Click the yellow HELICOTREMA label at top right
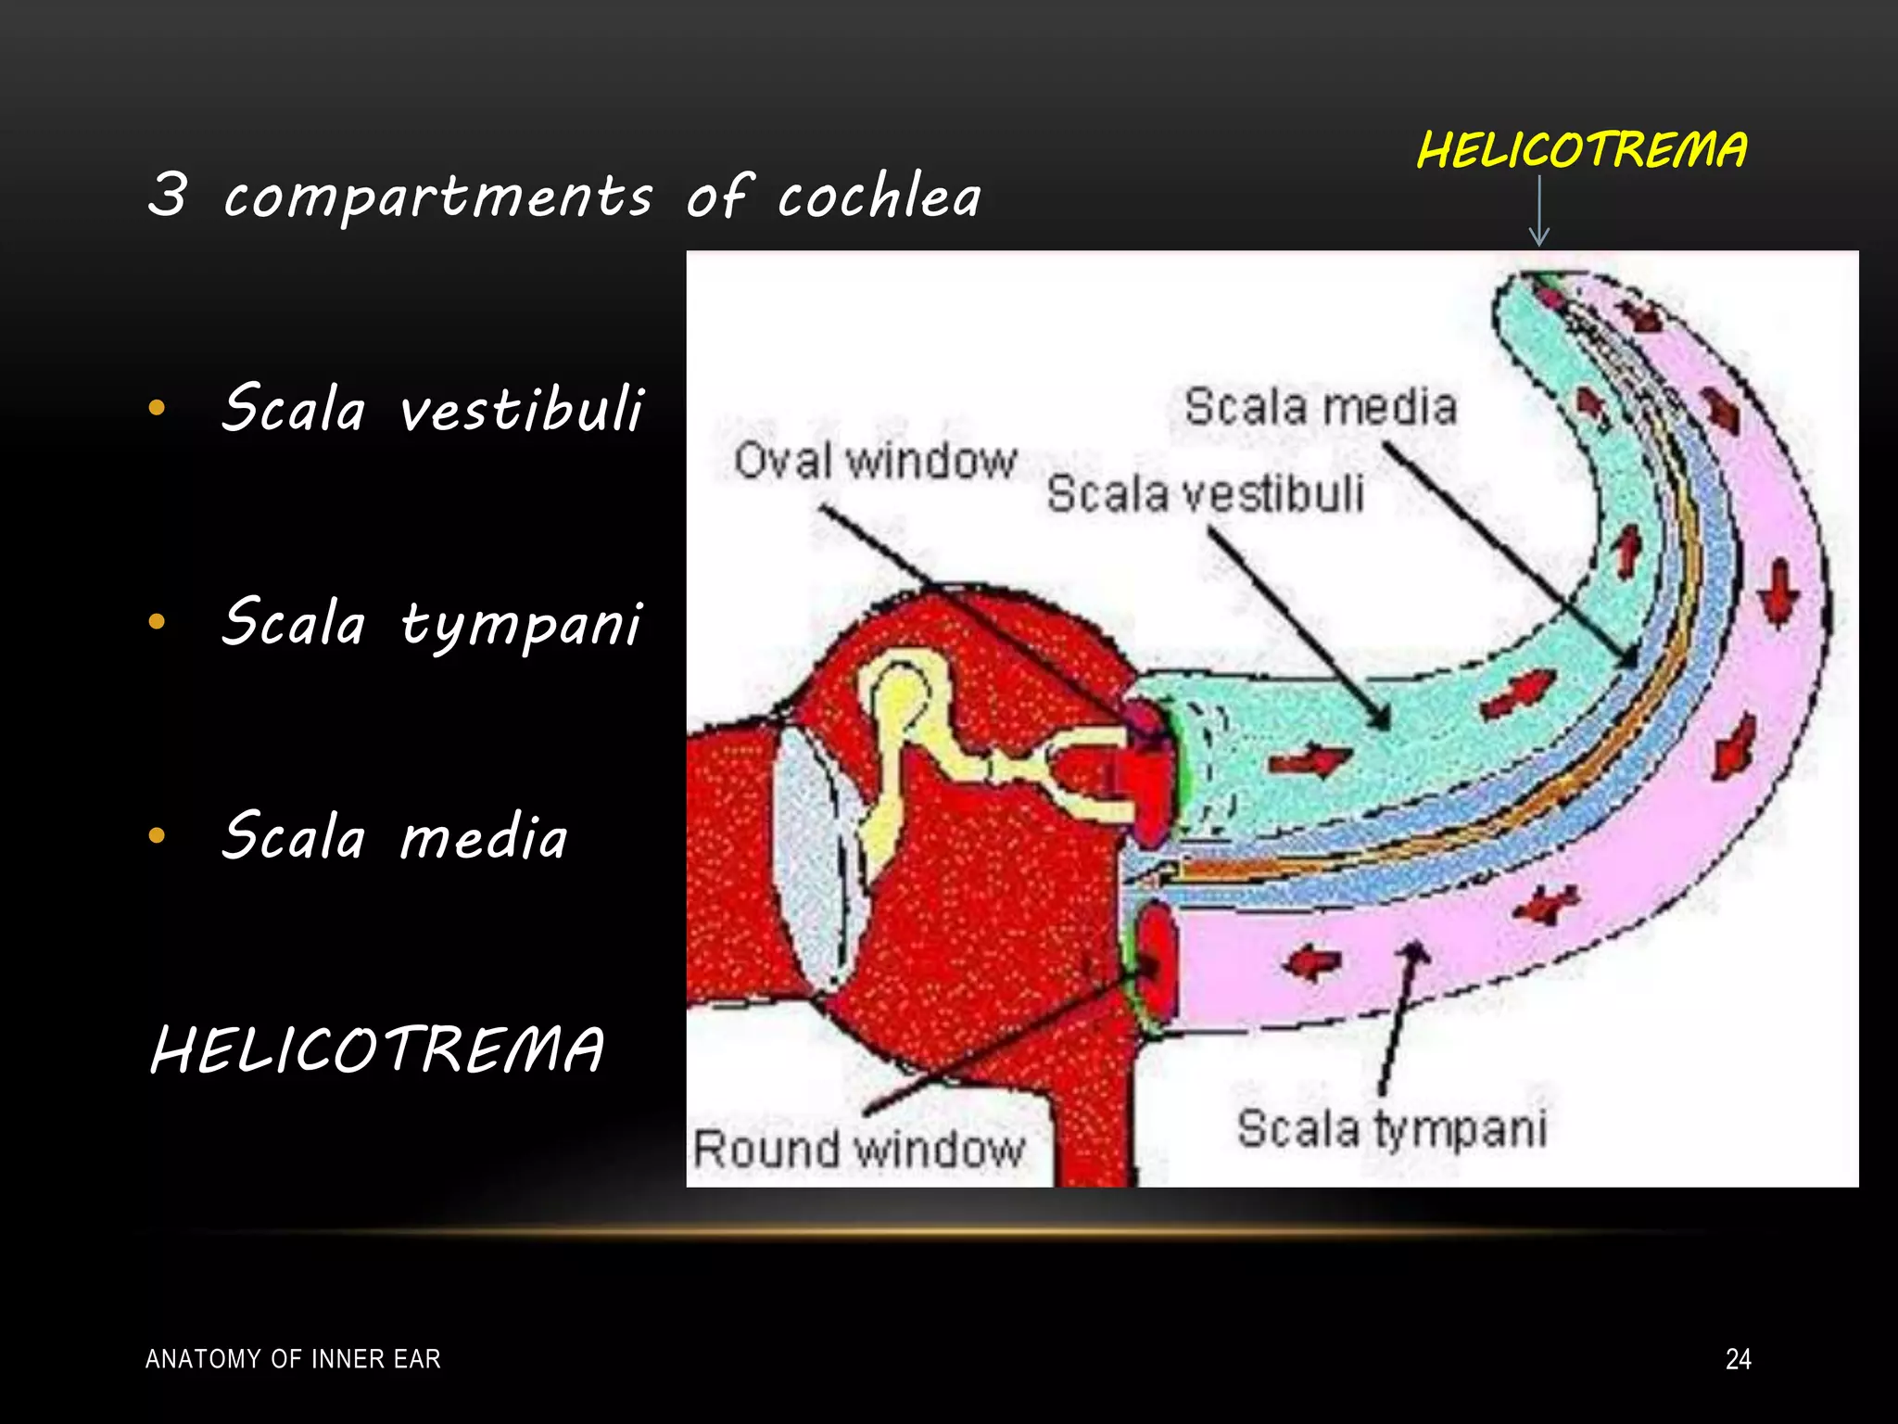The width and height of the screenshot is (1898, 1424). point(1581,150)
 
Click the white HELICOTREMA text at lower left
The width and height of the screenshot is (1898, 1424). point(377,1050)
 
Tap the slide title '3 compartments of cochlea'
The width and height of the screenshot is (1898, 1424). point(563,196)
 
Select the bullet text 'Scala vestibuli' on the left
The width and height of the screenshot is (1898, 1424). point(432,408)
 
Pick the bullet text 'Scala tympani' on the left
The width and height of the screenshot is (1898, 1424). point(432,622)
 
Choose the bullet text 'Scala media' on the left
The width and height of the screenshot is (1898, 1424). point(395,835)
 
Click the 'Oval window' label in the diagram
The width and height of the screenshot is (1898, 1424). point(875,461)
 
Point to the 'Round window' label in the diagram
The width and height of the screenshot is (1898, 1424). point(858,1149)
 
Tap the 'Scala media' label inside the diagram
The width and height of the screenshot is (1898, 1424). point(1321,407)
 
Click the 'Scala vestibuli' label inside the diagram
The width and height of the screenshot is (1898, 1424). point(1205,493)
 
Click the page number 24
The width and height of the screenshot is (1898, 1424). point(1738,1359)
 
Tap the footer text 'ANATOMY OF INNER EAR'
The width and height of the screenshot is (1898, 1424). point(293,1359)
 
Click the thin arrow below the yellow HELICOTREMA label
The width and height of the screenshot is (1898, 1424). point(1539,211)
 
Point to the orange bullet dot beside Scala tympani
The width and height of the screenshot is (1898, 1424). point(157,621)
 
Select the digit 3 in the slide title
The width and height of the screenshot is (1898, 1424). point(168,195)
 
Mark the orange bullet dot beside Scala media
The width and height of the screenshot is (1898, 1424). point(157,835)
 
